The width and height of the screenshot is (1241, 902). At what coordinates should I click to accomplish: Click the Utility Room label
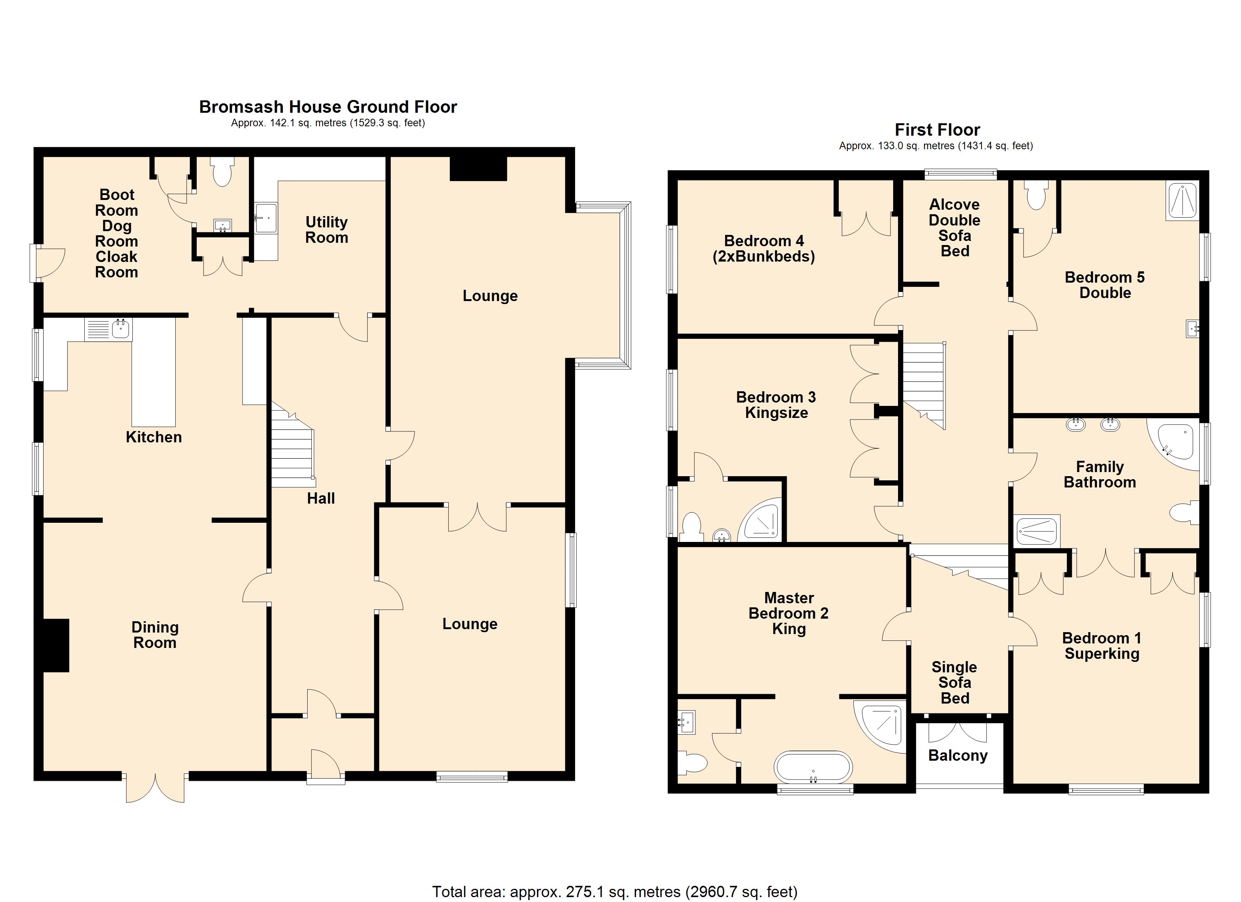click(x=327, y=230)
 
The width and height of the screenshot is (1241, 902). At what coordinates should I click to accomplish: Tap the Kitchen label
click(x=154, y=437)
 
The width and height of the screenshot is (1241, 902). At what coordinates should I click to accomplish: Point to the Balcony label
click(x=958, y=755)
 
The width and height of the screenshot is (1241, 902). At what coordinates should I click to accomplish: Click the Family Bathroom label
click(x=1100, y=474)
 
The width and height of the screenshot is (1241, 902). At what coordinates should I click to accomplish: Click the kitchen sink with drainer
click(x=108, y=329)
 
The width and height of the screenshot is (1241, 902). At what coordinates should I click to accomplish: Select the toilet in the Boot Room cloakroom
click(x=222, y=171)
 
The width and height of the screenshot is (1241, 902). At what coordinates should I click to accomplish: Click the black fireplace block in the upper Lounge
click(x=478, y=168)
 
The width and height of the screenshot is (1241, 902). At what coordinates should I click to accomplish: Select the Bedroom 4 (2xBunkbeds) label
click(x=764, y=249)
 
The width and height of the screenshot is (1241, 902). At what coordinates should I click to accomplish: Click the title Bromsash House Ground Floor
click(x=328, y=107)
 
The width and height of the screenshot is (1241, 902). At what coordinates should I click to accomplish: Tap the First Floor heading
click(x=937, y=130)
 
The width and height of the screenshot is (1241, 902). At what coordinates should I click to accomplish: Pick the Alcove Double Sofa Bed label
click(x=955, y=227)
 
